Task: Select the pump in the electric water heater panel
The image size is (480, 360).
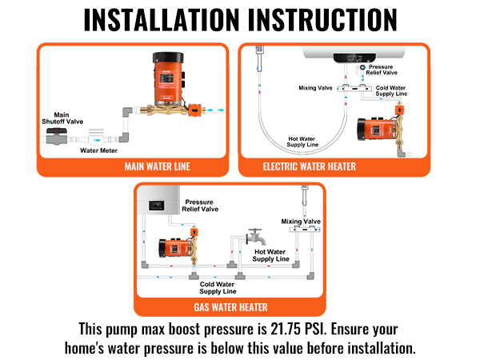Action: click(377, 132)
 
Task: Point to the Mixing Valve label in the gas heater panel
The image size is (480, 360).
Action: click(301, 221)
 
